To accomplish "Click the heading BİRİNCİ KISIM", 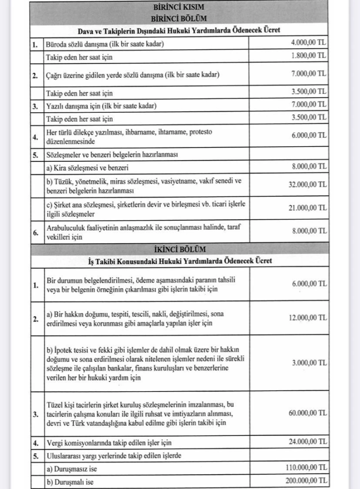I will click(179, 8).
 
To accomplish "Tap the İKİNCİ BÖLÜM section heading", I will click(179, 248).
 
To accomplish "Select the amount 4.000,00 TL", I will click(308, 43).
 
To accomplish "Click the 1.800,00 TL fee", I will click(308, 56).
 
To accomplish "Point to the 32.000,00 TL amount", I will click(307, 184).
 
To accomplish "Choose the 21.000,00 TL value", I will click(307, 208).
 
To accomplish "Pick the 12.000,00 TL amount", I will click(307, 318).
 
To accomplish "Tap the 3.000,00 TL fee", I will click(308, 362).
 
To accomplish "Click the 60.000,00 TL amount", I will click(307, 413).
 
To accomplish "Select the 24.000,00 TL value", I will click(307, 442).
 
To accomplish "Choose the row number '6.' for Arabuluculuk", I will click(35, 232).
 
